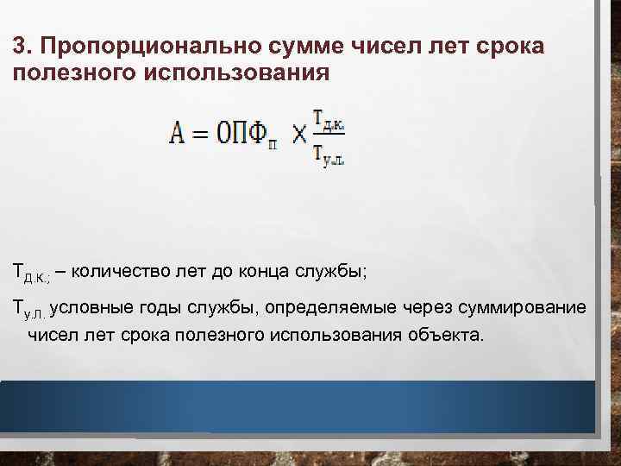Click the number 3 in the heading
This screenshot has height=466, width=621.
(20, 45)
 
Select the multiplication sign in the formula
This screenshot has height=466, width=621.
(299, 135)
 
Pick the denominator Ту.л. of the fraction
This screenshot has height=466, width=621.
(329, 155)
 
